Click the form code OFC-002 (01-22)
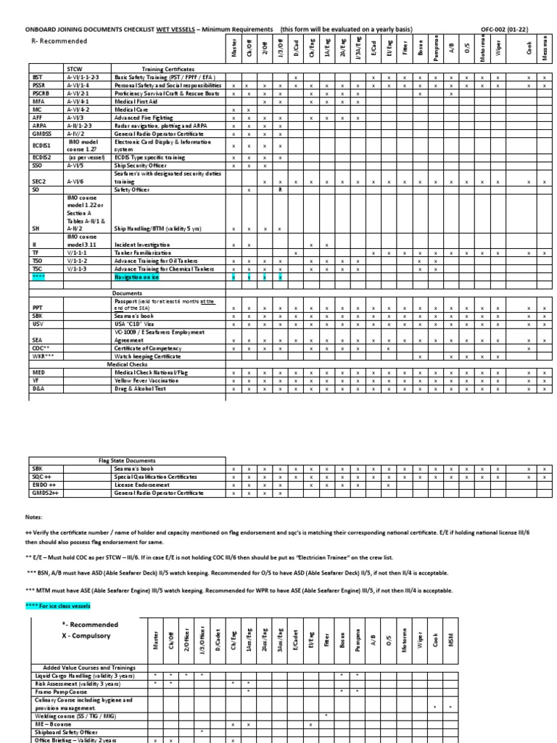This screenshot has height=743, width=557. (511, 29)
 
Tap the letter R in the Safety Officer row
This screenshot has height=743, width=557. (280, 189)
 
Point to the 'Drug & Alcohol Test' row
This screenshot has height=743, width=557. (145, 389)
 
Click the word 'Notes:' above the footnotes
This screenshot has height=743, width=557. (35, 519)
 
